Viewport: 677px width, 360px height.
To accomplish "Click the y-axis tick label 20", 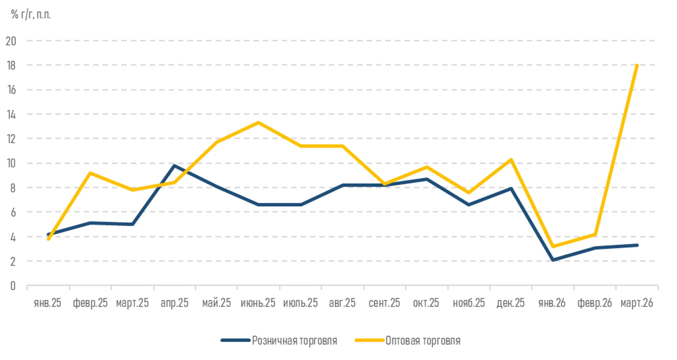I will tap(11, 41).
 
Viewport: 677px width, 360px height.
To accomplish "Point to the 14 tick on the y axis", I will tap(11, 114).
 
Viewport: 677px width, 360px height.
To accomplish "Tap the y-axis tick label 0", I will tap(13, 286).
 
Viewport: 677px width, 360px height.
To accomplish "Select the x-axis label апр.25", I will tap(174, 303).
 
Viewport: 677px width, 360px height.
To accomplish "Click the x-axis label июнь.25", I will tap(258, 303).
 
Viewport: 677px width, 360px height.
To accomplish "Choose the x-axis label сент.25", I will tap(384, 303).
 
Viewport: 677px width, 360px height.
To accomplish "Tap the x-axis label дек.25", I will tap(511, 303).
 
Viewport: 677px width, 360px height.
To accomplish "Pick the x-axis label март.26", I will tap(637, 303).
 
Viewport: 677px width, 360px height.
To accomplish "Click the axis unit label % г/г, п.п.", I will tap(31, 14).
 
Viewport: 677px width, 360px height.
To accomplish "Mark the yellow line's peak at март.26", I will tap(637, 65).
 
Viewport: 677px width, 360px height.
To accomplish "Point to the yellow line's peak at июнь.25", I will tap(258, 122).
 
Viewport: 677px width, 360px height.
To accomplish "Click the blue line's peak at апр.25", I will tap(174, 166).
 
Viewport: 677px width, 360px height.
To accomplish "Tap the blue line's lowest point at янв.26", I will tap(553, 260).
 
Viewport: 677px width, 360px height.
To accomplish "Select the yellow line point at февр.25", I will tap(90, 173).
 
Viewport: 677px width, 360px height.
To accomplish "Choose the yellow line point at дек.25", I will tap(511, 160).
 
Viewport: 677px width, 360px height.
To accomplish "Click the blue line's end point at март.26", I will tap(637, 245).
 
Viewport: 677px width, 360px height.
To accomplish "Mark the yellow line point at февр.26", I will tap(595, 234).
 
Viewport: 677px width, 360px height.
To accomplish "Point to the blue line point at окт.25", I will tap(427, 179).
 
